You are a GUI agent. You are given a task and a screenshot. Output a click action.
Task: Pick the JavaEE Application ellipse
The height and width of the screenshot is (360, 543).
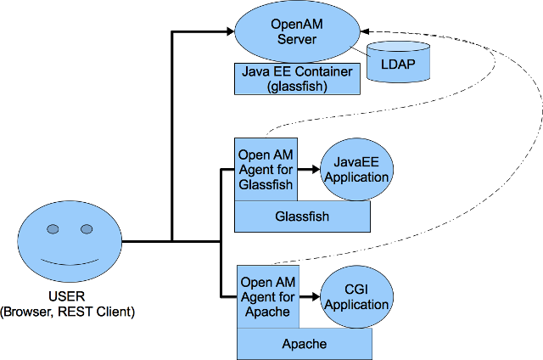click(x=355, y=170)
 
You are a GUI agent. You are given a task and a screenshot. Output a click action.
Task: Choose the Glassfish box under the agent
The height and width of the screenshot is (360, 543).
click(x=302, y=217)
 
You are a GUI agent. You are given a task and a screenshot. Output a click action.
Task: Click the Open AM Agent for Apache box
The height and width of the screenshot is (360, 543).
click(x=266, y=296)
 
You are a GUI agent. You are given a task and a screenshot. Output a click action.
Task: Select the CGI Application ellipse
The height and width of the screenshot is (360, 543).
click(x=355, y=296)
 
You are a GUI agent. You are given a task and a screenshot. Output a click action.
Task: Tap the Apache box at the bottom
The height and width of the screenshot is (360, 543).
click(x=304, y=343)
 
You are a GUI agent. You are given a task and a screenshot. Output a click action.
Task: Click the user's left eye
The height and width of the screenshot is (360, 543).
click(x=53, y=229)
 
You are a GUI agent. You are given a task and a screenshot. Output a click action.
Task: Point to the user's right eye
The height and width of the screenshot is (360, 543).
click(x=87, y=229)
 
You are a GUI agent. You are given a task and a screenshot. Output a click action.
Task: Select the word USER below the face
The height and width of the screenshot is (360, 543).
click(x=68, y=296)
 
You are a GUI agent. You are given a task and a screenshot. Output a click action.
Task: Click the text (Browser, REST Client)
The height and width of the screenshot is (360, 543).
click(x=68, y=312)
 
